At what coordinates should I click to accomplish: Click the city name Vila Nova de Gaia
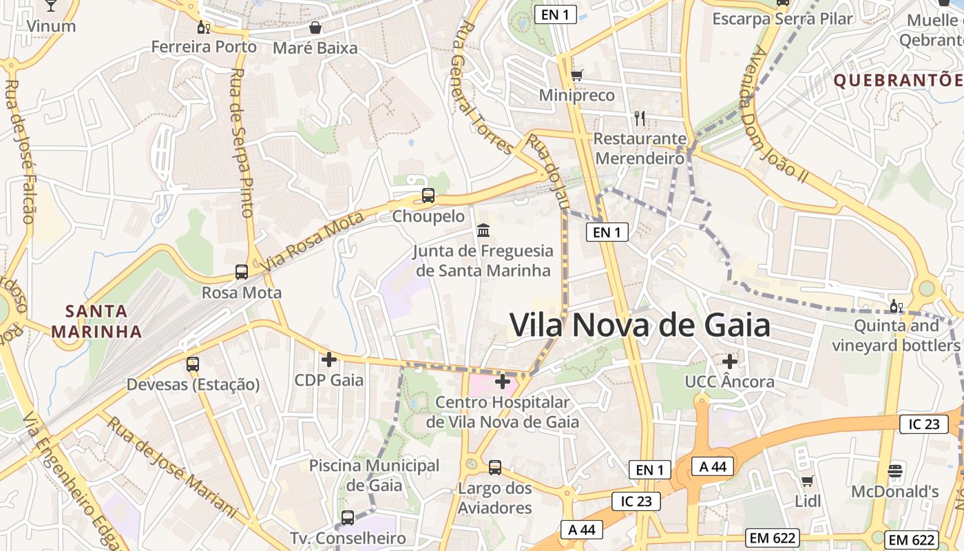640,325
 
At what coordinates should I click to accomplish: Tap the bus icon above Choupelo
428,196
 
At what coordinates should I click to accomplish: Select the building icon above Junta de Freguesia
483,230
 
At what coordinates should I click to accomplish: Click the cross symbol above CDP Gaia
329,359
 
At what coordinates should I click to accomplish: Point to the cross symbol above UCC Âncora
730,360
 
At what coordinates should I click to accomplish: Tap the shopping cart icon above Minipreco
577,74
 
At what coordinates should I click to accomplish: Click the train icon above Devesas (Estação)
193,364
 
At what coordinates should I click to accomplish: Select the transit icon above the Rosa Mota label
241,271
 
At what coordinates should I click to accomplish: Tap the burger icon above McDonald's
895,471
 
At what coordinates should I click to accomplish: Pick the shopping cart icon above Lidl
808,481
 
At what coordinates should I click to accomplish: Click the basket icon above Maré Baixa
315,28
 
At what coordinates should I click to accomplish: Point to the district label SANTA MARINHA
96,321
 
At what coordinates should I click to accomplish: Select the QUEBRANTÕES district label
898,80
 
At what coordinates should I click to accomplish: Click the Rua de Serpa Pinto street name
242,143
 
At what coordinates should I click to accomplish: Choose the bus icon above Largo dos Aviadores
494,468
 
